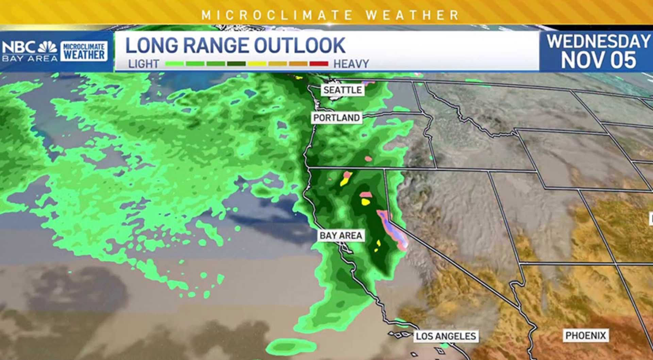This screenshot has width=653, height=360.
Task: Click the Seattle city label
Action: [342, 90]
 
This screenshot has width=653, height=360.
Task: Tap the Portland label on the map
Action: [336, 118]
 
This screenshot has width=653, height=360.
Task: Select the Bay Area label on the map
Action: [341, 236]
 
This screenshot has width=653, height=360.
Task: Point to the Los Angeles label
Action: [446, 337]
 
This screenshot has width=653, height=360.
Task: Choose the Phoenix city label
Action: [586, 336]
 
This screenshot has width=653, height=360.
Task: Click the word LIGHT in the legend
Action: [144, 64]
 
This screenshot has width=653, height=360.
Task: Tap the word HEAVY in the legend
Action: [351, 64]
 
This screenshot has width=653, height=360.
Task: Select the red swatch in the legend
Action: [319, 64]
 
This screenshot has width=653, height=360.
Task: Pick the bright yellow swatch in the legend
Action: [257, 64]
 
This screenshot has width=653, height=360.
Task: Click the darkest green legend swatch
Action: [236, 64]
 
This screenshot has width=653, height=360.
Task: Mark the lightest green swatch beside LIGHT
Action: [174, 64]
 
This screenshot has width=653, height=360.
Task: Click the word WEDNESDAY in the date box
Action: [598, 42]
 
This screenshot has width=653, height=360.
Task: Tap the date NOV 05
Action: [598, 60]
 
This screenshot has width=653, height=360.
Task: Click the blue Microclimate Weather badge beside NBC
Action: [84, 51]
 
